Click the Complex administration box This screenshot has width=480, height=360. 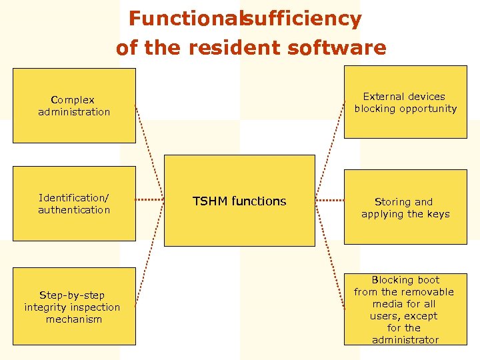click(x=74, y=105)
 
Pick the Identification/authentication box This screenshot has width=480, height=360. click(x=74, y=203)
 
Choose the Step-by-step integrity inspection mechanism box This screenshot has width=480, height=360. click(x=74, y=307)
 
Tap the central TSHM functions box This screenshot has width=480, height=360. click(x=239, y=201)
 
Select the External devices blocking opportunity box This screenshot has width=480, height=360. click(x=405, y=102)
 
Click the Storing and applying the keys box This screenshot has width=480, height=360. click(x=405, y=207)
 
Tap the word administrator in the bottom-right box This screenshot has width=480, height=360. click(x=405, y=340)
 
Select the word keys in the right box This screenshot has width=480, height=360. click(x=438, y=214)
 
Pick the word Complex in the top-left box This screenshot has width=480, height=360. click(x=73, y=100)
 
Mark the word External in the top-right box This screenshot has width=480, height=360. click(x=385, y=97)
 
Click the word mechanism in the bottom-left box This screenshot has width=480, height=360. click(x=74, y=319)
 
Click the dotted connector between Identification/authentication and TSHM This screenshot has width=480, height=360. click(x=150, y=200)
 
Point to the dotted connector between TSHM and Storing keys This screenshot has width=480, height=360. click(x=329, y=200)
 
